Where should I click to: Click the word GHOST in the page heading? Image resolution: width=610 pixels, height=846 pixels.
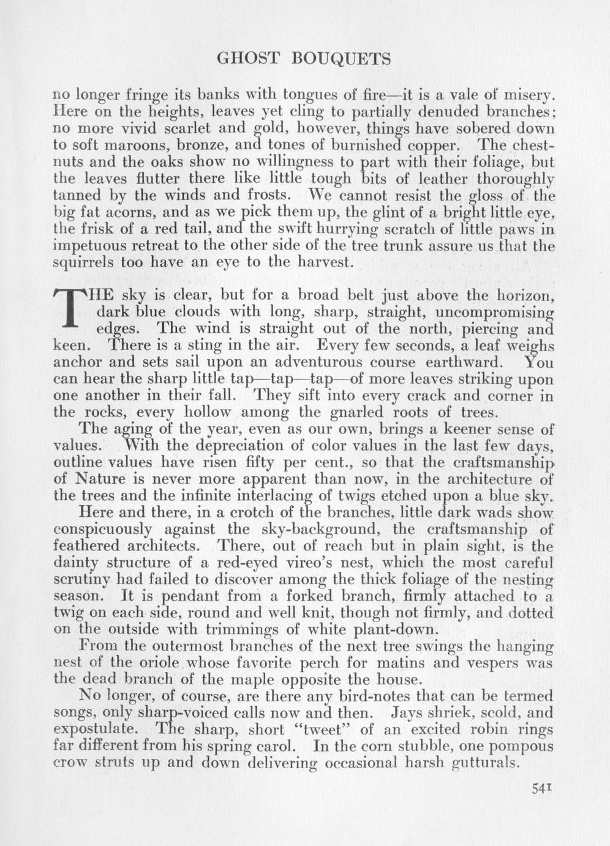point(248,59)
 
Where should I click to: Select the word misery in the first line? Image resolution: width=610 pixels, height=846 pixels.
point(527,96)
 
